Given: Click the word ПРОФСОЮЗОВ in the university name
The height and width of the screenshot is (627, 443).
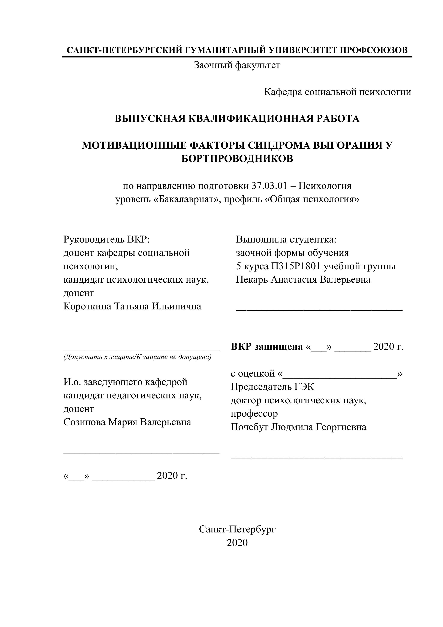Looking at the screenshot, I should [374, 50].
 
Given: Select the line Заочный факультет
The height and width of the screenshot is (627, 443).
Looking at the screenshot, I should [237, 65].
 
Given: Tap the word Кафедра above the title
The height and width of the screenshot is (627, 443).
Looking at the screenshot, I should [283, 92].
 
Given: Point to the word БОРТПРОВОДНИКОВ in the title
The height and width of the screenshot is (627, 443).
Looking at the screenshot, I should [237, 158].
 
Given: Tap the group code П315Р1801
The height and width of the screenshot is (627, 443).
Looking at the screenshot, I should [295, 266].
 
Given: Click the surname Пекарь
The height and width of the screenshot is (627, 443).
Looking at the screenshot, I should [252, 280].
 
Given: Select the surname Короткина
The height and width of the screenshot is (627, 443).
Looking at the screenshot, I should [87, 306].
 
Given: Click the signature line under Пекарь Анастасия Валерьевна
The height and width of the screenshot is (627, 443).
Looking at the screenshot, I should [319, 310].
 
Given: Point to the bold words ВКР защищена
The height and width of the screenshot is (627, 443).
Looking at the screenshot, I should [266, 347].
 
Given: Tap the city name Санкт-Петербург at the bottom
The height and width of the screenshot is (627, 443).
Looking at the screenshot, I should [237, 529].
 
